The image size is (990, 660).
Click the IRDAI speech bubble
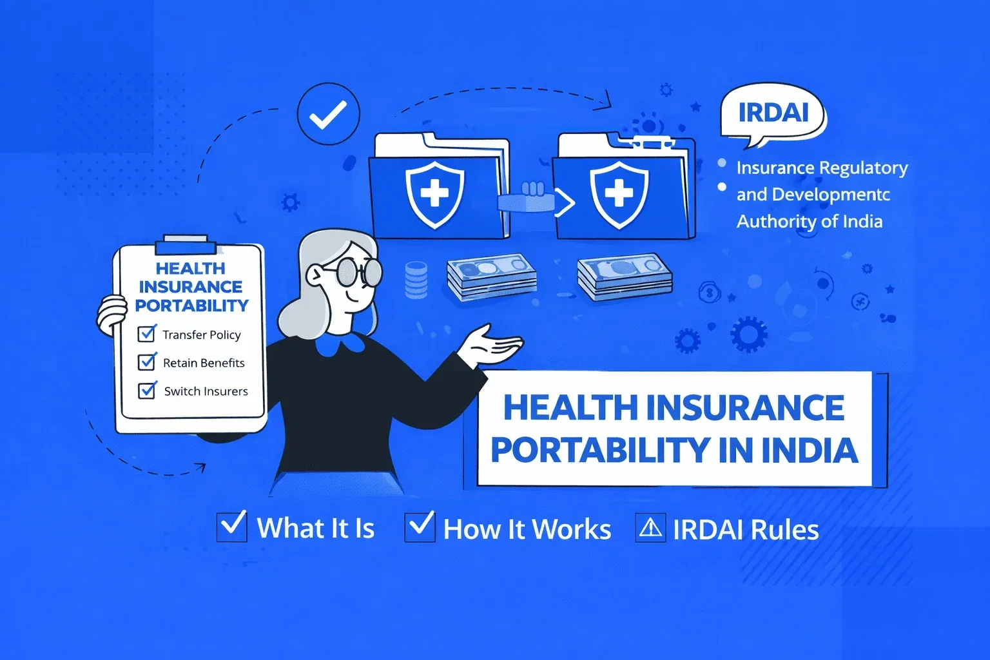tap(773, 113)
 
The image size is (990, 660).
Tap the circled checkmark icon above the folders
tap(328, 114)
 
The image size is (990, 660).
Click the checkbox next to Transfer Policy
tap(147, 333)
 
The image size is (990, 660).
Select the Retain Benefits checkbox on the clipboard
tap(147, 362)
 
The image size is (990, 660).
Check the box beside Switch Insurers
tap(147, 390)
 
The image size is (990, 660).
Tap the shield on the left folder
tap(434, 194)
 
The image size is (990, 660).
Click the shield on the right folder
tap(619, 194)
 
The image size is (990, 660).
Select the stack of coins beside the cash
tap(416, 279)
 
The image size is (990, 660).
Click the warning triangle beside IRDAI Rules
tap(650, 528)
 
